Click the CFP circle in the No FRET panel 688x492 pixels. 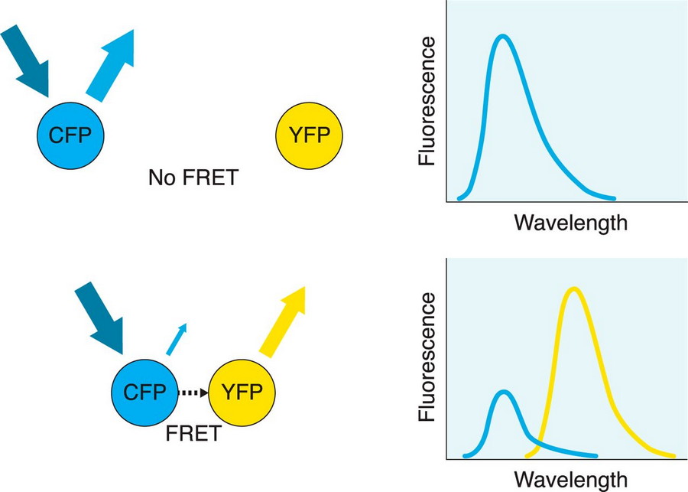tap(70, 136)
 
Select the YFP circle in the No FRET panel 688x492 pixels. tap(309, 136)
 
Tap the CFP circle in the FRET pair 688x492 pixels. tap(145, 393)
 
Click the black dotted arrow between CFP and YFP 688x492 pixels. tap(193, 394)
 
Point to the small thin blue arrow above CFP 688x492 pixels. tap(176, 339)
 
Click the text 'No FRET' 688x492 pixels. tap(193, 179)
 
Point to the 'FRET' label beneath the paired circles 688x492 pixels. tap(193, 434)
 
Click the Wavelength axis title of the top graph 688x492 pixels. tap(570, 223)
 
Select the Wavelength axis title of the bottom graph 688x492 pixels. tap(570, 480)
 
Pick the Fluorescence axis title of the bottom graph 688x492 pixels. tap(428, 357)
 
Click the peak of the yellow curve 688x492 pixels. tap(573, 288)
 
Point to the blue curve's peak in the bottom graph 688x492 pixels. tap(501, 392)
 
